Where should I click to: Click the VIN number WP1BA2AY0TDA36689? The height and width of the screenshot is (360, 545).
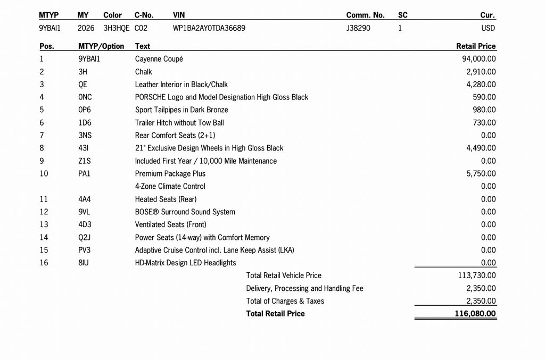(x=209, y=28)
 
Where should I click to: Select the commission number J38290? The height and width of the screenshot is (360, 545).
(x=358, y=28)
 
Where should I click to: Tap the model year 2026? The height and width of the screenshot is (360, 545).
(x=86, y=28)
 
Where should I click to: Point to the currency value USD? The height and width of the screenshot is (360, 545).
(x=487, y=28)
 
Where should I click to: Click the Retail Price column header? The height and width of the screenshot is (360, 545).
(x=476, y=46)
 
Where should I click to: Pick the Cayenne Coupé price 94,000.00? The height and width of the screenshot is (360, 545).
(x=479, y=59)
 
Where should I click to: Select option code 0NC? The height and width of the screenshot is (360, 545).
(x=85, y=97)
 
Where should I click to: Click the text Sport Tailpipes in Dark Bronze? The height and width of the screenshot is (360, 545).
(x=181, y=110)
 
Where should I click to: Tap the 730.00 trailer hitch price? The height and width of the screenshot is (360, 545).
(x=484, y=123)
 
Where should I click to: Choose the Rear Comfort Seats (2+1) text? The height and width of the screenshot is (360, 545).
(x=175, y=136)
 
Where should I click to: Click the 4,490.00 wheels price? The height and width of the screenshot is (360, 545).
(x=481, y=148)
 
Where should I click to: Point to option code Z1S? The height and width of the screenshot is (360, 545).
(x=85, y=161)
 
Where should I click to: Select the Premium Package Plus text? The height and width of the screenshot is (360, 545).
(x=170, y=174)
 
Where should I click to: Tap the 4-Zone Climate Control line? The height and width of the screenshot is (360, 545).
(x=170, y=187)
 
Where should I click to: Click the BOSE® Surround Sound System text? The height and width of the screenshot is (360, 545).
(x=185, y=212)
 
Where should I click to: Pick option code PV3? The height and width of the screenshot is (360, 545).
(x=85, y=250)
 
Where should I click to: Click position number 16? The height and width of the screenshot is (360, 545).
(x=44, y=263)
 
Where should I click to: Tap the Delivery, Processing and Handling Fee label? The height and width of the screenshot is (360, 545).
(x=304, y=288)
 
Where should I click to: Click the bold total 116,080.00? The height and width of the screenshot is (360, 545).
(x=475, y=314)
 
